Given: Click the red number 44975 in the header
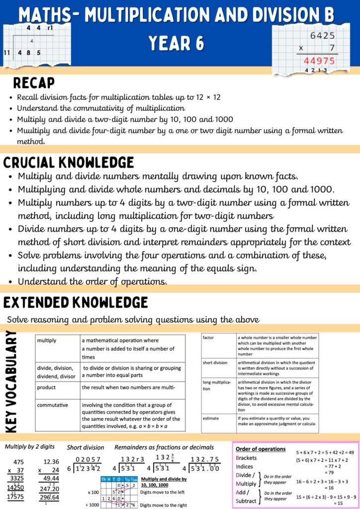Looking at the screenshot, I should tap(319, 62).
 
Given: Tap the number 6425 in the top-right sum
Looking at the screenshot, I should tap(322, 36).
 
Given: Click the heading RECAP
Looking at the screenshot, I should tap(34, 83).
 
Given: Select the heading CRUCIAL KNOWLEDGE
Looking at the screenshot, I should tap(69, 163).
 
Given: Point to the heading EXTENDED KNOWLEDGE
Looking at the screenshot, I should tap(76, 302).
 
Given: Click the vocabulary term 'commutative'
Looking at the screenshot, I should tap(52, 405).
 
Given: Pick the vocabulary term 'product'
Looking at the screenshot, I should tap(46, 387).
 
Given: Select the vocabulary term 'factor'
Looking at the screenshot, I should tap(208, 338).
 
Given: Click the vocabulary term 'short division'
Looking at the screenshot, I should tap(215, 362).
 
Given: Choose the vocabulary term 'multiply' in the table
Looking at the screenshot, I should tap(47, 340).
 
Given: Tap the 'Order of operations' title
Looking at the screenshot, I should tap(261, 448).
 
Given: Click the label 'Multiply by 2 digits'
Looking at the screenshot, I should tap(30, 447).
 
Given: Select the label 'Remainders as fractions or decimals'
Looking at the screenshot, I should tap(164, 447).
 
